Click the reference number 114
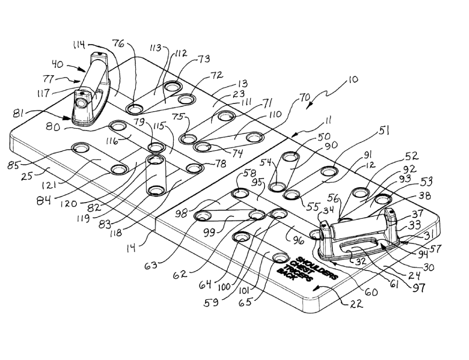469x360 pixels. click(79, 46)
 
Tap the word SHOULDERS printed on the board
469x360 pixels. click(317, 267)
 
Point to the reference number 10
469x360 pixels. click(353, 80)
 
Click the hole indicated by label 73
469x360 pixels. click(172, 87)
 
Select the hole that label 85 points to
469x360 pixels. click(80, 148)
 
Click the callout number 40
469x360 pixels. click(58, 64)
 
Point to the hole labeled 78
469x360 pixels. click(195, 169)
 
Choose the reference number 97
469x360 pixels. click(419, 288)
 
